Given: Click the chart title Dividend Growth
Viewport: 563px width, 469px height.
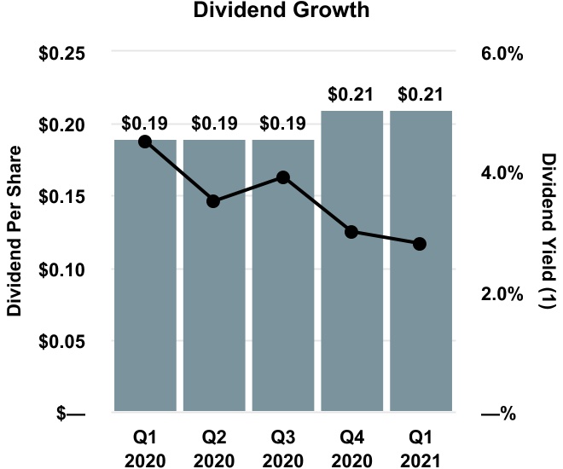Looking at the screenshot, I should point(281,12).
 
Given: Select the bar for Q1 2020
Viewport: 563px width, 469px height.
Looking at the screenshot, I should point(145,281).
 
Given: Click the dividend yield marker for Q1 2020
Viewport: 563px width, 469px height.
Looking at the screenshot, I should point(145,142).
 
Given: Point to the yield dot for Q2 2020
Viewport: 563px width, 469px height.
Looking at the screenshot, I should point(214,201).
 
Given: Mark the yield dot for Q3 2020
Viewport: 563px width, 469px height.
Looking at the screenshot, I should point(283,177).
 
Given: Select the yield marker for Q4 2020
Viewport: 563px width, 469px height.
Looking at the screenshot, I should point(351,232).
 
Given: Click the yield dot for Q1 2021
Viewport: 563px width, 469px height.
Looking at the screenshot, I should point(420,244).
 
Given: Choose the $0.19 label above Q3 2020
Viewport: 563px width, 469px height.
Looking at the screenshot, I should point(283,124).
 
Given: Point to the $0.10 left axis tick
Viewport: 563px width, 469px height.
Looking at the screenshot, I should point(63,269).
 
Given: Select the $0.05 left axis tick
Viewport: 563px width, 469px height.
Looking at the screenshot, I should point(63,341).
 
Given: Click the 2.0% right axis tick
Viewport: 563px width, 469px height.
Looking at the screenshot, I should point(500,293).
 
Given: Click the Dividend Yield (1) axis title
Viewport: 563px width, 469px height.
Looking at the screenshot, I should point(548,232).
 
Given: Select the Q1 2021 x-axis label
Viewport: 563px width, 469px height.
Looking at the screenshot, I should point(420,448).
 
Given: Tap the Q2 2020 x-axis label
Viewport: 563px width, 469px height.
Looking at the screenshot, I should point(214,448).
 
